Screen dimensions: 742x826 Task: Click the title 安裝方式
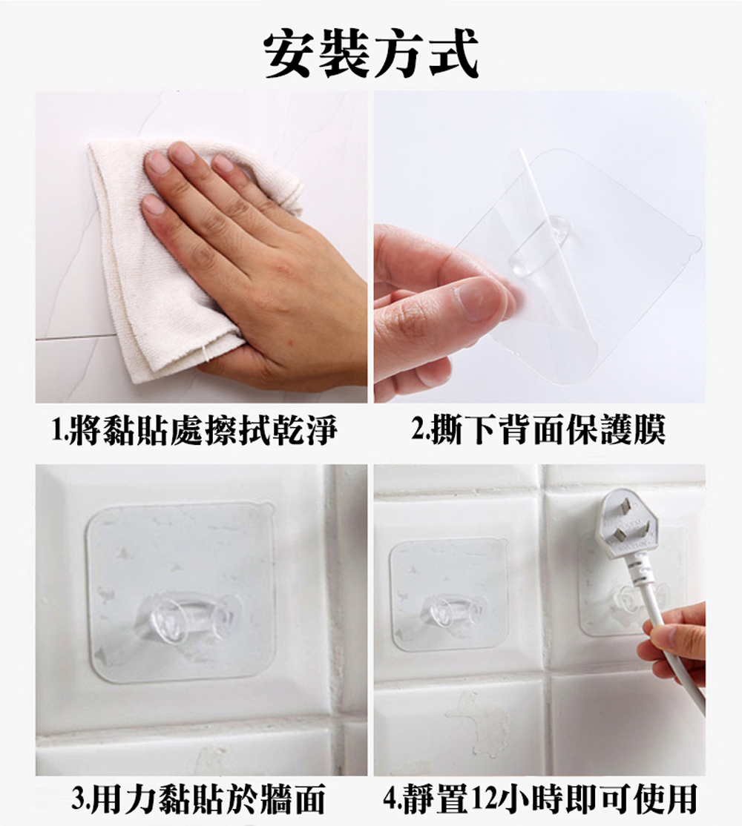click(x=371, y=56)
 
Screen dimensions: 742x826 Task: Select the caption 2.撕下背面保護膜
click(x=539, y=431)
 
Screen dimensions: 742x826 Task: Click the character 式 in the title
click(x=449, y=56)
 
